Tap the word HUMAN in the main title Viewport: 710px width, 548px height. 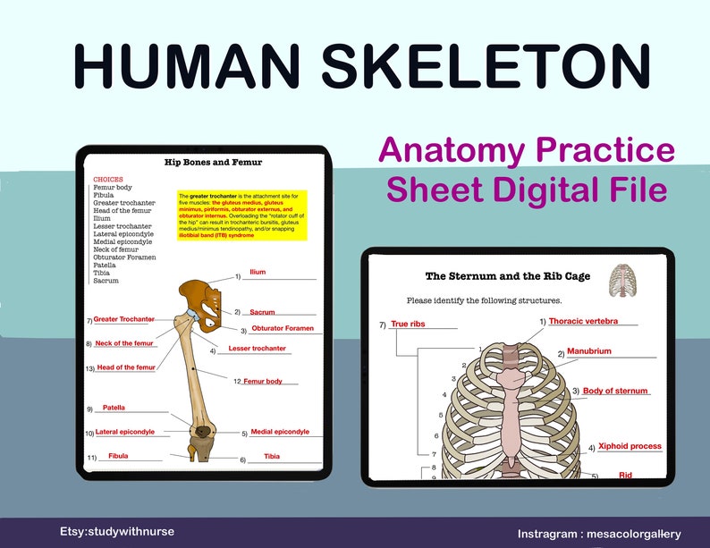pos(189,65)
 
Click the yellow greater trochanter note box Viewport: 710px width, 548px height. pos(242,215)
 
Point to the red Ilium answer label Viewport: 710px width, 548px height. pos(258,272)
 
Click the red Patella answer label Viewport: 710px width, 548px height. pos(114,408)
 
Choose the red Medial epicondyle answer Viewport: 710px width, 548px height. pos(280,432)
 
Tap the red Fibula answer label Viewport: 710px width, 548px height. pos(118,456)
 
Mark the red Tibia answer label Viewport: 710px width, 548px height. pos(272,456)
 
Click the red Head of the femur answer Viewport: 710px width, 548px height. pos(126,367)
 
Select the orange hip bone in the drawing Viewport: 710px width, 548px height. pos(201,299)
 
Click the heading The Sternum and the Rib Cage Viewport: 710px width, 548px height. pos(507,276)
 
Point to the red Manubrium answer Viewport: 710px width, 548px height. pos(589,351)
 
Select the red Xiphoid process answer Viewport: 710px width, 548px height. pos(630,445)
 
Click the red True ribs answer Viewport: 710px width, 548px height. pos(408,324)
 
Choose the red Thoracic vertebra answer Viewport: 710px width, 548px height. pos(583,321)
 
